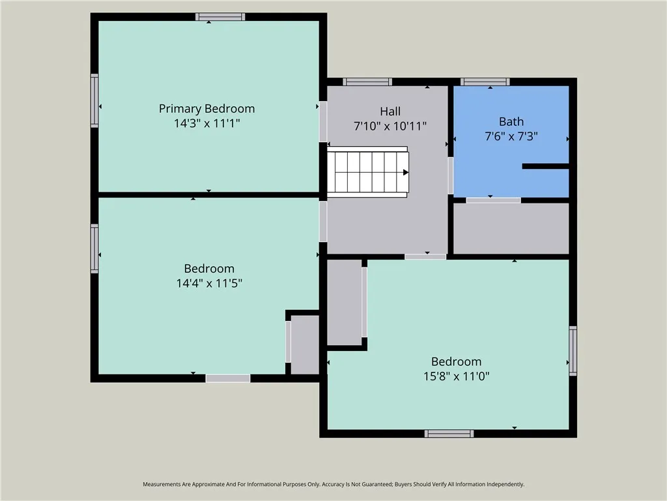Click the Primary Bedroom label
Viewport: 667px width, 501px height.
[207, 108]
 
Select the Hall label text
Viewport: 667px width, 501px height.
[390, 111]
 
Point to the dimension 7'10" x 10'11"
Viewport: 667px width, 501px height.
[390, 127]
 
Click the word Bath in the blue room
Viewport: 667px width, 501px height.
[511, 121]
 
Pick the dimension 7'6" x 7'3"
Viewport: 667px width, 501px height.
[511, 136]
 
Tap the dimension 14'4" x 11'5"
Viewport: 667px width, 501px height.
[209, 283]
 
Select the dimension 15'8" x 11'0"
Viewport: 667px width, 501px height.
[456, 376]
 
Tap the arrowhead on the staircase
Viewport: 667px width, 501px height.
[406, 172]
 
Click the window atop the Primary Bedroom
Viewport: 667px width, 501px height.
[220, 17]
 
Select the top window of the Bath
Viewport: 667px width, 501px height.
[485, 82]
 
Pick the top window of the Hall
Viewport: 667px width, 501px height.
[367, 82]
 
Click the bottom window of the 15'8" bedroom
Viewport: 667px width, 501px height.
[449, 434]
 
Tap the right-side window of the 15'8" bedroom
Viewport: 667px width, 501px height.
[573, 351]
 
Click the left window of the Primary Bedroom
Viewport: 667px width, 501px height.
[94, 100]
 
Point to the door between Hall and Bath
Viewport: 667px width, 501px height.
[450, 175]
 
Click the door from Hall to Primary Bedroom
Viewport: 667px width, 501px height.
[322, 122]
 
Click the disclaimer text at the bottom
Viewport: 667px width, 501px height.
[333, 484]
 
